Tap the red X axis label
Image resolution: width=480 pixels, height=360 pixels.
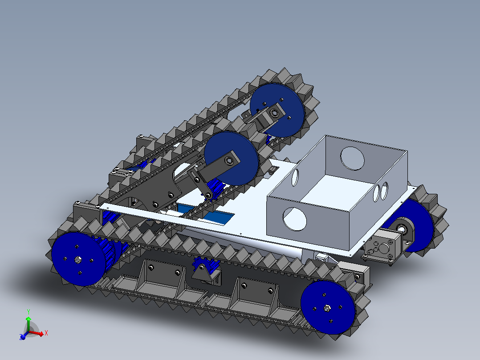coord(46,333)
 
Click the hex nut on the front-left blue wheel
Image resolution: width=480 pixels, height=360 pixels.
coord(78,260)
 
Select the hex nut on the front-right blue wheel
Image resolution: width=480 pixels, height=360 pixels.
coord(327,307)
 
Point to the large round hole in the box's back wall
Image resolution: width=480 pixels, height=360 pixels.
coord(352,159)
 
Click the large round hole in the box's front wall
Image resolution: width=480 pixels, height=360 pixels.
coord(294,219)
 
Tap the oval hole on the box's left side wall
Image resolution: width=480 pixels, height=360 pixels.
coord(295,177)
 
